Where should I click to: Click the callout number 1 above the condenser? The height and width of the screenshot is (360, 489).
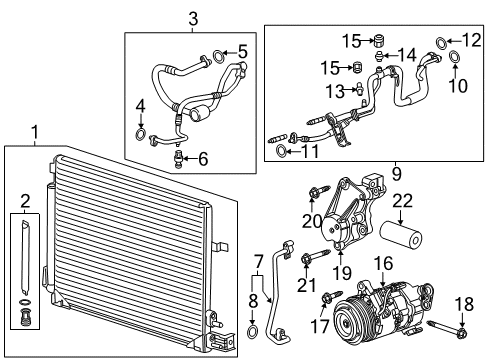tap(37, 132)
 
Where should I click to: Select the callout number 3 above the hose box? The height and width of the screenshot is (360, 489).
tap(193, 18)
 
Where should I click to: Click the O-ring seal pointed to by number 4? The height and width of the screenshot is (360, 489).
tap(141, 135)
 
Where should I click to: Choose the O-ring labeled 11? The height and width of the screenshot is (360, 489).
tap(282, 152)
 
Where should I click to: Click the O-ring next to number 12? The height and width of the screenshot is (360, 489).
tap(441, 41)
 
